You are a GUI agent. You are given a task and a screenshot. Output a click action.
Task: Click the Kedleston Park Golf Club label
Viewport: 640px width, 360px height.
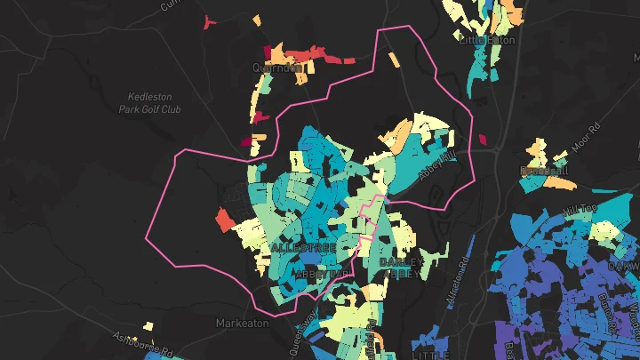pyautogui.click(x=149, y=101)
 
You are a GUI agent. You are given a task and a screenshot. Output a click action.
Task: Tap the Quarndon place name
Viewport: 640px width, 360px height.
pyautogui.click(x=276, y=67)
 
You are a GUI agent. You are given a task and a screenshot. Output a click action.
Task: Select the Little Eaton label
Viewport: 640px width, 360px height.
pyautogui.click(x=486, y=40)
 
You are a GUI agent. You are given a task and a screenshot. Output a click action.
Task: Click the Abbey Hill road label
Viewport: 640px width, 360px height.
pyautogui.click(x=442, y=163)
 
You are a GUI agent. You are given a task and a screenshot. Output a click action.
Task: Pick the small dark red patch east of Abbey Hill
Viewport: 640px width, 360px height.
pyautogui.click(x=484, y=139)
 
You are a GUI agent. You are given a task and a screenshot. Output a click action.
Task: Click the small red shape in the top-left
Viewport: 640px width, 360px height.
pyautogui.click(x=208, y=21)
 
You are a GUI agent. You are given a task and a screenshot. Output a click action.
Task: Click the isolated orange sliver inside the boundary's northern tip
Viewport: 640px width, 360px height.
pyautogui.click(x=393, y=60)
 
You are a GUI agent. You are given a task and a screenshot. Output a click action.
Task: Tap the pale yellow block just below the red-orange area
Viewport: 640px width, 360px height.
pyautogui.click(x=244, y=234)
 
